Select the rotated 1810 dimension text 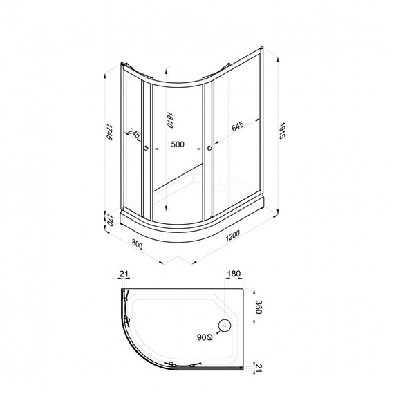(x=167, y=120)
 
